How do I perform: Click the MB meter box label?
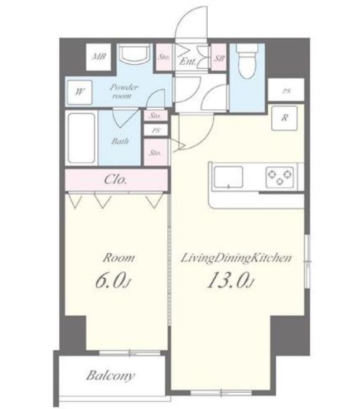pyautogui.click(x=99, y=56)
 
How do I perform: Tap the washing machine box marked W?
pyautogui.click(x=80, y=92)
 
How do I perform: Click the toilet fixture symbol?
pyautogui.click(x=247, y=61)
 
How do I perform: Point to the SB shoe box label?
pyautogui.click(x=219, y=58)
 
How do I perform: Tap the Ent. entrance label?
pyautogui.click(x=188, y=61)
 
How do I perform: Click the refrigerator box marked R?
pyautogui.click(x=285, y=118)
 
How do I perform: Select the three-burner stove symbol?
pyautogui.click(x=280, y=177)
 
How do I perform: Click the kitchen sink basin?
pyautogui.click(x=228, y=177)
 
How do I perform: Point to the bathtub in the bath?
pyautogui.click(x=81, y=138)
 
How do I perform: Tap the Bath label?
pyautogui.click(x=120, y=141)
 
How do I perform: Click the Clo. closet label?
pyautogui.click(x=116, y=180)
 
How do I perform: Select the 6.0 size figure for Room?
pyautogui.click(x=112, y=281)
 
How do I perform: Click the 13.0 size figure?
pyautogui.click(x=230, y=280)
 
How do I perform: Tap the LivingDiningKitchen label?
pyautogui.click(x=236, y=258)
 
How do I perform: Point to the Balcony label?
pyautogui.click(x=111, y=376)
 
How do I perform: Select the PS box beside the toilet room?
pyautogui.click(x=286, y=90)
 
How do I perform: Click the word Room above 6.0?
pyautogui.click(x=119, y=258)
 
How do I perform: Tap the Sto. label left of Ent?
pyautogui.click(x=164, y=57)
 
